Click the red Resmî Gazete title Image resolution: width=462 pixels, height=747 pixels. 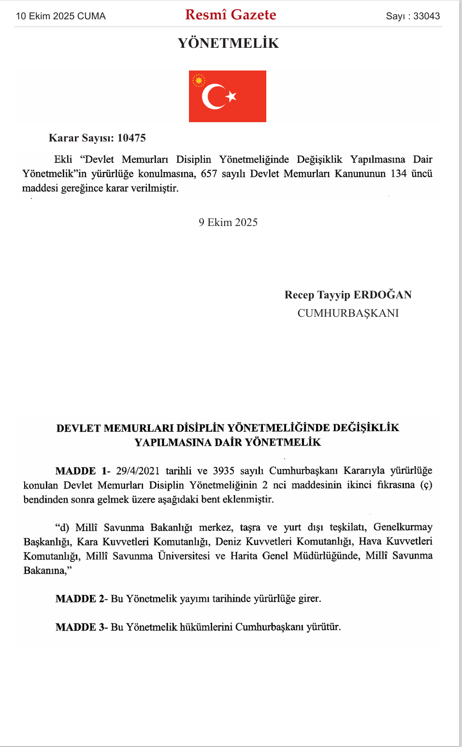(x=231, y=15)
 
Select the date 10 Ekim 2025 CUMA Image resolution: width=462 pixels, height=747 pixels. (x=60, y=16)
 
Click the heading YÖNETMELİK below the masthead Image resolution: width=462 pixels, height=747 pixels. (x=228, y=43)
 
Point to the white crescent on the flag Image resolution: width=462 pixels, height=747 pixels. (x=212, y=97)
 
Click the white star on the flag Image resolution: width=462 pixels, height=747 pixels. (x=231, y=96)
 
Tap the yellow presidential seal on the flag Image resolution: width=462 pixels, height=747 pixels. (x=199, y=80)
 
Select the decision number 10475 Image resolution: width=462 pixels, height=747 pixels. (x=131, y=138)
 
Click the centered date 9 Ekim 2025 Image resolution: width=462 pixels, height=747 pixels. (x=228, y=222)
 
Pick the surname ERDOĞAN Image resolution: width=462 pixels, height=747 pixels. (x=383, y=295)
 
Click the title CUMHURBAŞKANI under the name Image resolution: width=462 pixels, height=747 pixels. (x=348, y=313)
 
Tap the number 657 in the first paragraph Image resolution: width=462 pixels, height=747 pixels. (x=209, y=174)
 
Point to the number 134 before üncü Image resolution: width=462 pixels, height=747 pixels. (x=399, y=174)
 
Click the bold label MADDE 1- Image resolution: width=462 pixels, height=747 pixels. (x=83, y=471)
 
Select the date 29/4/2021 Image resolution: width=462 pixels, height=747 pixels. (x=138, y=471)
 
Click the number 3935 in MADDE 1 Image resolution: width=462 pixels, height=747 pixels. (x=223, y=471)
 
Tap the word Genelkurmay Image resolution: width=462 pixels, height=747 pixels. (x=403, y=527)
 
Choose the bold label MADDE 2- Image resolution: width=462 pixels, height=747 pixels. (x=82, y=599)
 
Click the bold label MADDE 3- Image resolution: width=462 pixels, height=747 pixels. (x=82, y=627)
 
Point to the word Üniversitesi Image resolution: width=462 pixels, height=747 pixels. (x=184, y=556)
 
